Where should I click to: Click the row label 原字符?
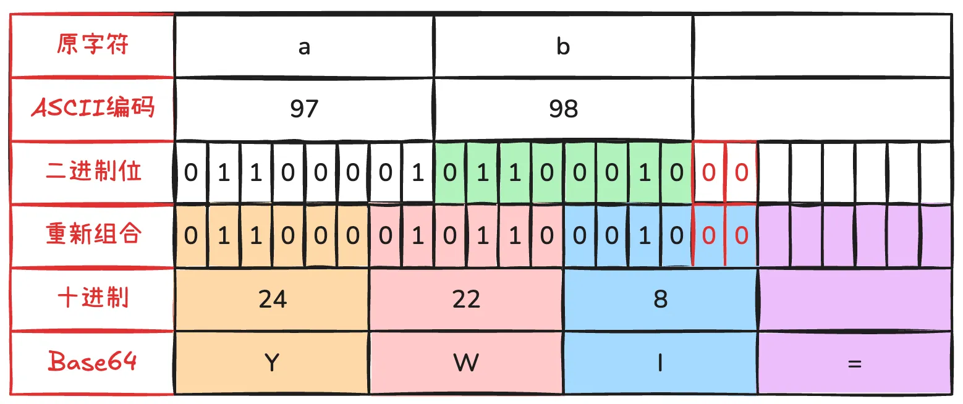point(93,44)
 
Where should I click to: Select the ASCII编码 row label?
point(93,107)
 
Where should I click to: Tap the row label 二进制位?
point(93,170)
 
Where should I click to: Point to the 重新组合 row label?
point(93,234)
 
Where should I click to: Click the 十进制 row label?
point(93,297)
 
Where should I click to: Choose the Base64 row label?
point(93,361)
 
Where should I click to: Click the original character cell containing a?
point(304,46)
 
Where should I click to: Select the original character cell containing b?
point(563,46)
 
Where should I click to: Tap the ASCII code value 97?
point(304,108)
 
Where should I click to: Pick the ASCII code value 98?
point(563,108)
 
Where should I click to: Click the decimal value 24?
point(273,299)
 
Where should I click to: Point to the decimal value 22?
point(466,299)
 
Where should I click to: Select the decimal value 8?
point(660,299)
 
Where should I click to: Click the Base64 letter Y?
point(272,363)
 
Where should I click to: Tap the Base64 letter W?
point(466,363)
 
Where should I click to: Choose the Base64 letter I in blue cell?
point(660,363)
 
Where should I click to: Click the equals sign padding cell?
point(855,363)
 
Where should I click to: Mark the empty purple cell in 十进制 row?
point(855,299)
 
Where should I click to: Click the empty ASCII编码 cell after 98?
point(822,109)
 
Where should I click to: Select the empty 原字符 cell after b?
point(822,46)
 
